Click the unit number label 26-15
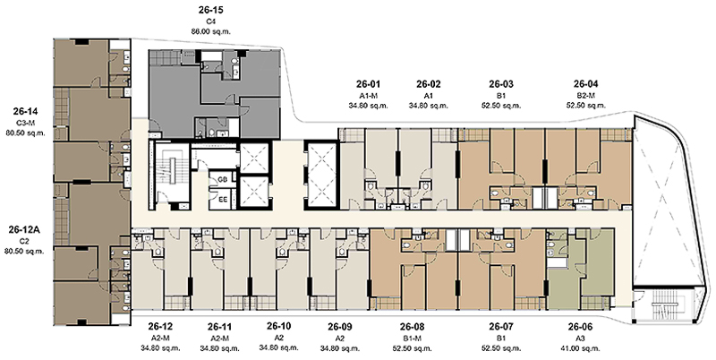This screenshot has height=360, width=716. [211, 10]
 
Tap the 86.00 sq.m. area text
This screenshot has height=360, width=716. [211, 31]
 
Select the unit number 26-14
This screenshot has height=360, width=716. [26, 111]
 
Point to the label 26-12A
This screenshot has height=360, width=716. [24, 229]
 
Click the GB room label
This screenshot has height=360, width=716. [223, 179]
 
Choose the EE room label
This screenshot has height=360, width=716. [223, 199]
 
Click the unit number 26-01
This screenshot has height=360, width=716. [368, 84]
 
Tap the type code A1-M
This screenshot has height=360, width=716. [368, 96]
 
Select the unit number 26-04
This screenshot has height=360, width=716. [586, 84]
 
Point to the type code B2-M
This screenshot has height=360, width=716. [586, 96]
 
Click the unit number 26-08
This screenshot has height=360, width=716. [412, 327]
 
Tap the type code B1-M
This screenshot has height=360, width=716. [412, 339]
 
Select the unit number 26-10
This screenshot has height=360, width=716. [279, 326]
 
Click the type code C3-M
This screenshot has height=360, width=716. [26, 123]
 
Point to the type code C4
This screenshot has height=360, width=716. [211, 21]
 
